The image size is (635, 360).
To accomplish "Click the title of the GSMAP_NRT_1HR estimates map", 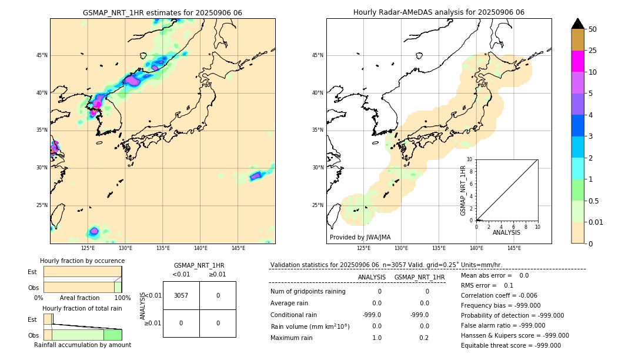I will click(x=162, y=12).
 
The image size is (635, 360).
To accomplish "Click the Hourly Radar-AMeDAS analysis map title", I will click(x=439, y=12).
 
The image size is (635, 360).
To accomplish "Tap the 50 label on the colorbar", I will click(x=593, y=29).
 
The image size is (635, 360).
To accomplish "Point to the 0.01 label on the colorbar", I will click(x=596, y=222).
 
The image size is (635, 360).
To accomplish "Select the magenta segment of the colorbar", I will click(x=577, y=61).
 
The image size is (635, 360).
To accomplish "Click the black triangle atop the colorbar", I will click(x=577, y=24).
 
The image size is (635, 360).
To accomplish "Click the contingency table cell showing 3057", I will click(x=181, y=295).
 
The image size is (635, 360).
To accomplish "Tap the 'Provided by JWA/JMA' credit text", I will click(x=360, y=238).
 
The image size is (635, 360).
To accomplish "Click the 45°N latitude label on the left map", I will click(x=42, y=55).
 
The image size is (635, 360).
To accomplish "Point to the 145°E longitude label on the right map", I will click(x=514, y=248).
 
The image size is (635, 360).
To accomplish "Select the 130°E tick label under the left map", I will click(x=125, y=248).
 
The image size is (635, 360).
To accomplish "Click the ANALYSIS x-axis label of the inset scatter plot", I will click(x=507, y=232).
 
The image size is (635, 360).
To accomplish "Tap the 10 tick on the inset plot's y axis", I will click(x=469, y=159).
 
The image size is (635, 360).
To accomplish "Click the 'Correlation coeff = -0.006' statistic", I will click(x=499, y=296).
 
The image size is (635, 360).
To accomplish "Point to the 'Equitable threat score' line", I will click(x=510, y=345).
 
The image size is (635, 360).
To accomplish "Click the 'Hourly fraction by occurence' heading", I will click(x=82, y=261).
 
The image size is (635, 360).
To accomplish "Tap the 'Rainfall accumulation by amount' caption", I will click(x=82, y=345).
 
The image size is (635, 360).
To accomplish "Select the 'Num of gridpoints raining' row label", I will click(x=308, y=291).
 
